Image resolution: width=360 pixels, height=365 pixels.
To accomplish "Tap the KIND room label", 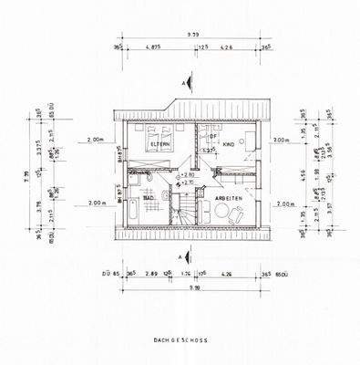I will (x=230, y=144).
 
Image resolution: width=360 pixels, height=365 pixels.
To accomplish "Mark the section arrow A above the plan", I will (x=185, y=84).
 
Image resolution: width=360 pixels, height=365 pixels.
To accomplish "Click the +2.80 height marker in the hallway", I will (x=188, y=174).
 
